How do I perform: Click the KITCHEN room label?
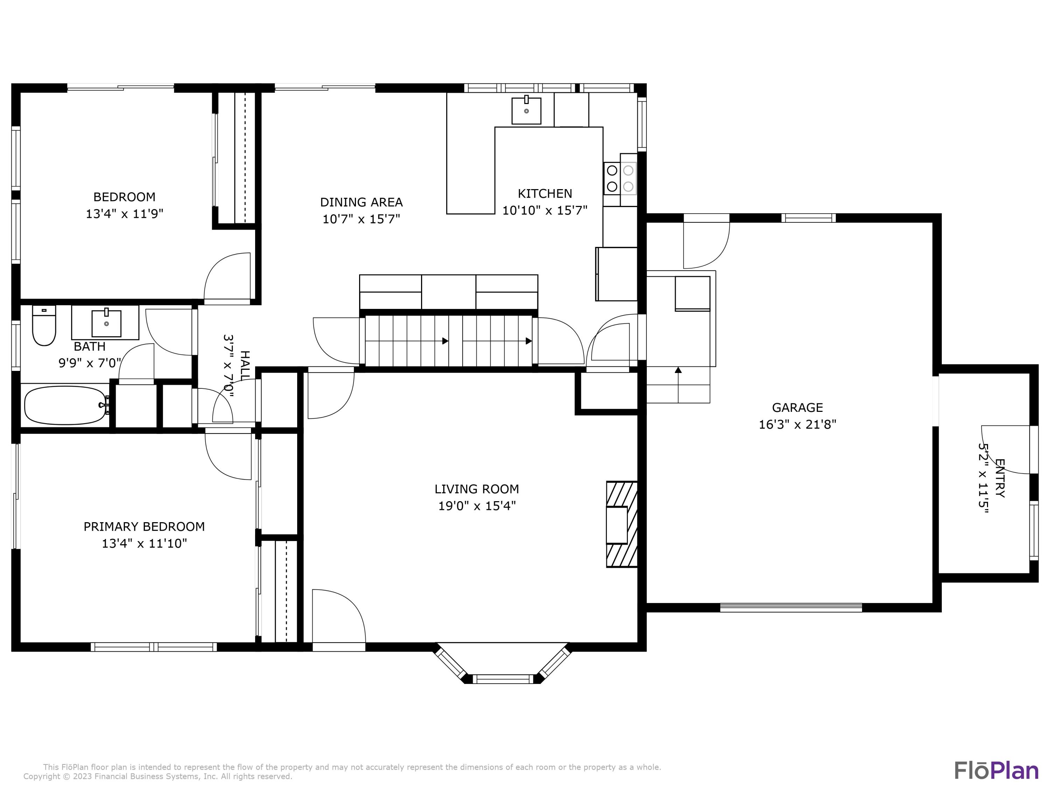(545, 193)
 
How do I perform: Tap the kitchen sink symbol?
(526, 111)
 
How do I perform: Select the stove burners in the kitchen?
(619, 178)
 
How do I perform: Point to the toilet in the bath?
(44, 326)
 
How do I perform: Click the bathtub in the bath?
(65, 405)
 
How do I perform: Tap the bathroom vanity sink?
(106, 323)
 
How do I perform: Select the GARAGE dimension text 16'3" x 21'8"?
(797, 424)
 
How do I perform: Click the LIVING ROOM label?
(477, 489)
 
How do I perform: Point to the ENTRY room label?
(1000, 477)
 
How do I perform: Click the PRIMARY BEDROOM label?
(144, 526)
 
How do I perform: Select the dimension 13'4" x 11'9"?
(124, 214)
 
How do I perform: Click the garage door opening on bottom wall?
(790, 607)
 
